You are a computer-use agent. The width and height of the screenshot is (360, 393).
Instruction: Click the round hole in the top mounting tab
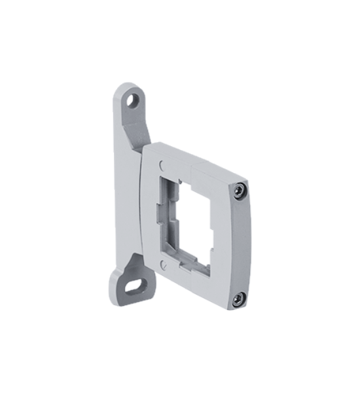coord(134,100)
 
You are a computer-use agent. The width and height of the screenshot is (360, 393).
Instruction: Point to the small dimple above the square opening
coord(162,167)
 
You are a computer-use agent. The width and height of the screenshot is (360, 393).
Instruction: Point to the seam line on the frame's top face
coord(189,160)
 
